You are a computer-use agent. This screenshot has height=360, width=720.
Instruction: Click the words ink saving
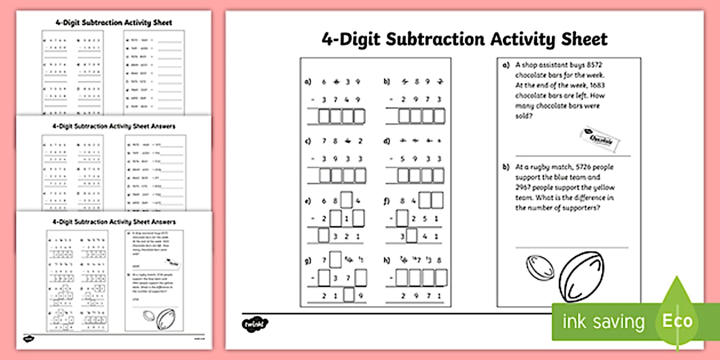tap(603, 322)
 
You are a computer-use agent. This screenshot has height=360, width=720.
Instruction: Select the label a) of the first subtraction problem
tap(308, 82)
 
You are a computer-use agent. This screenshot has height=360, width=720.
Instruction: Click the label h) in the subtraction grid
tap(387, 260)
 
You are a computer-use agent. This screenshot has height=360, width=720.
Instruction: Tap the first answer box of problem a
tap(324, 117)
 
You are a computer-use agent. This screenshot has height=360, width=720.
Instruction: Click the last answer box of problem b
tap(438, 117)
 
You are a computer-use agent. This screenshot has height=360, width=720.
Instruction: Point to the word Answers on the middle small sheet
tap(162, 126)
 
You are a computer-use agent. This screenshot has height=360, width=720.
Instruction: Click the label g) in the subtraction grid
tap(308, 260)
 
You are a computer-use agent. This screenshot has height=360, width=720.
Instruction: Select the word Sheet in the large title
tap(581, 39)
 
